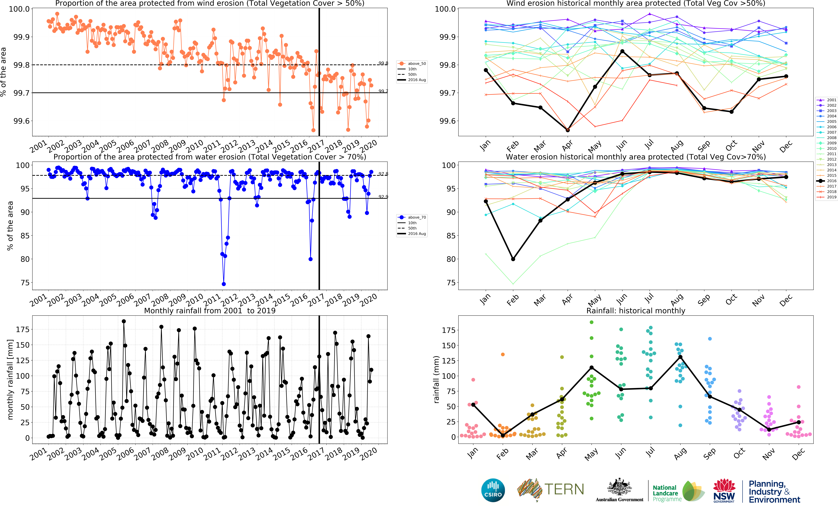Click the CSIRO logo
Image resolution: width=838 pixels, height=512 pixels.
(x=493, y=490)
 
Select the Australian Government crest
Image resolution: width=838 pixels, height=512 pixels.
(x=619, y=487)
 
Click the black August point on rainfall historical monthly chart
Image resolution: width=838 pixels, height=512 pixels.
(x=680, y=357)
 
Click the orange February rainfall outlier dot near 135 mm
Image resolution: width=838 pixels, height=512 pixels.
(x=503, y=355)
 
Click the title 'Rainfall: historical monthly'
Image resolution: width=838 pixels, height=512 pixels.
(x=636, y=311)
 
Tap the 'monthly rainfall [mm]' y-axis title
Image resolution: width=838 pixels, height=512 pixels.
(x=10, y=379)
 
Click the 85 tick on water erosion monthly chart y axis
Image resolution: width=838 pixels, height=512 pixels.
(x=451, y=236)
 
